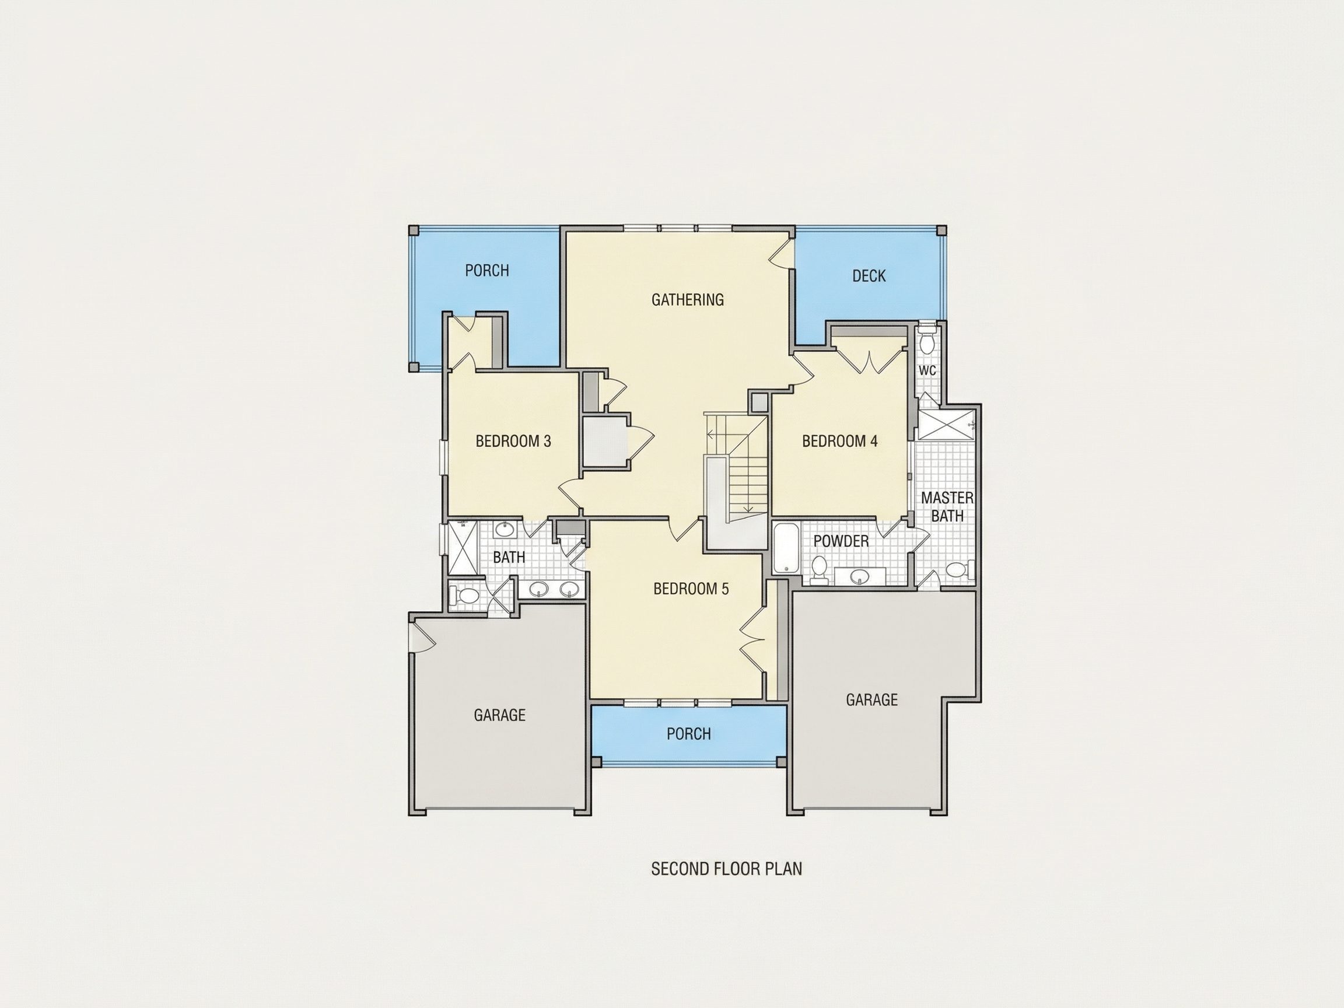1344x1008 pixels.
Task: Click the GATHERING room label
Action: (x=687, y=300)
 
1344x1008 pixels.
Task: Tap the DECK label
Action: (x=869, y=276)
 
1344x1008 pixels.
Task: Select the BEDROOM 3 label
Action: (x=513, y=441)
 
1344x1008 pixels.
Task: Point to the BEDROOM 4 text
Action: (x=839, y=441)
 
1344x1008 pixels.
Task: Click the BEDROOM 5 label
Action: (x=691, y=589)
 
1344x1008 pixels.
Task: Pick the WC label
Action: (x=926, y=370)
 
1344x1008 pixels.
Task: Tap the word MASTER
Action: (x=947, y=498)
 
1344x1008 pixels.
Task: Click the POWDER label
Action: (x=841, y=541)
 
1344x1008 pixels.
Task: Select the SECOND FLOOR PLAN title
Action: (x=726, y=869)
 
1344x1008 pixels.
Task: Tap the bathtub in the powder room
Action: (x=786, y=549)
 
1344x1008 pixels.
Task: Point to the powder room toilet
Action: (x=819, y=570)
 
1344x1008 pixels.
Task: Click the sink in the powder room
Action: (x=859, y=575)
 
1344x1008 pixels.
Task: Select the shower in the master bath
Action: (x=946, y=425)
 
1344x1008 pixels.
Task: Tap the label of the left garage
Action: (x=499, y=715)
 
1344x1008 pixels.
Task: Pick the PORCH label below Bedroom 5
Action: (x=688, y=734)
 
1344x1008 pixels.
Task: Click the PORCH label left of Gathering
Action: (x=487, y=271)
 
